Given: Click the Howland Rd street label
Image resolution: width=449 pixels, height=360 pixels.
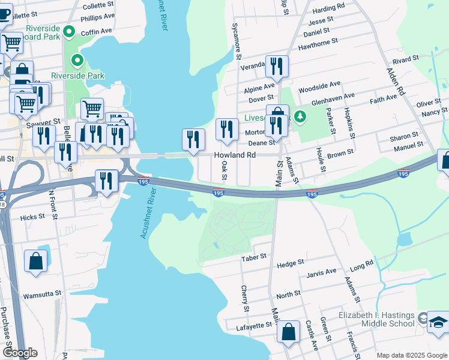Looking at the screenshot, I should (x=235, y=155).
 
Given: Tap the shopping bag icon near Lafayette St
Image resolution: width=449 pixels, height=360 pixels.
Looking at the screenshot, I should (x=289, y=332).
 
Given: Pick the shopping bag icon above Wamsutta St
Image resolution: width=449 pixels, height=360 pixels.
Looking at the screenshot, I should (x=36, y=261).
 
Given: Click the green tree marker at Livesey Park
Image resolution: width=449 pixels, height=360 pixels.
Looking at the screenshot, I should (x=302, y=116).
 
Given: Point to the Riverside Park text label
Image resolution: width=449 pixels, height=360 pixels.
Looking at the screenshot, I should (x=78, y=76).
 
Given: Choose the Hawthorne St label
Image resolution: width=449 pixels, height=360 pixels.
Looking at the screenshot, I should (x=318, y=42).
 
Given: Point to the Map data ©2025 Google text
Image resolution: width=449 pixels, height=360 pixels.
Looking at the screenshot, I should (x=412, y=355).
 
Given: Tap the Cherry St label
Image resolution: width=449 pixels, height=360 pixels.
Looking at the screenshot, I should (x=246, y=298).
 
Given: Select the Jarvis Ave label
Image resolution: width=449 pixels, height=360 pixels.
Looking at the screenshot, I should (x=321, y=272).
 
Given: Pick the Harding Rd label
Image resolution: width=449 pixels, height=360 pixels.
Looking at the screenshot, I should (x=328, y=6).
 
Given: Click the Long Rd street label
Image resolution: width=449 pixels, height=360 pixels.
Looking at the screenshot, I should (x=361, y=264).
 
